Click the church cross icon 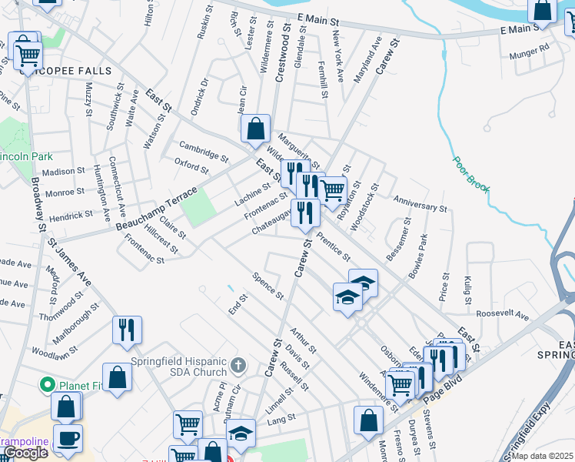tap(238, 363)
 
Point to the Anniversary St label tap(420, 203)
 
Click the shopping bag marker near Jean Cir tap(256, 128)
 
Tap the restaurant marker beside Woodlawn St tap(127, 329)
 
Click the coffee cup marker tap(68, 437)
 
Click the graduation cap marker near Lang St tap(241, 434)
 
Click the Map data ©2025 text tap(543, 456)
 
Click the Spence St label tap(269, 285)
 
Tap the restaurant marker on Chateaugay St tap(305, 213)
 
